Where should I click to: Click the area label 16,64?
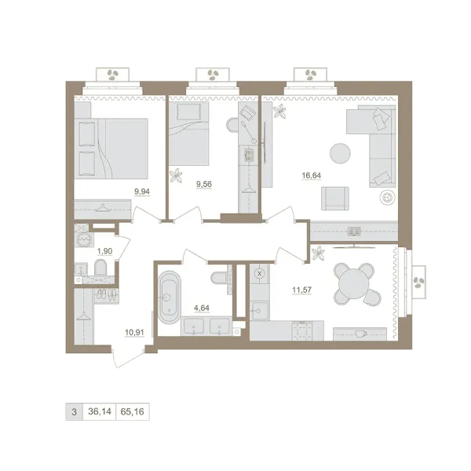pyautogui.click(x=311, y=175)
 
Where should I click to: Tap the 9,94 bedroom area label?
pyautogui.click(x=142, y=192)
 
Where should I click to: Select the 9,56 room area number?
pyautogui.click(x=204, y=184)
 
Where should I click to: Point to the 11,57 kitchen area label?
pyautogui.click(x=302, y=290)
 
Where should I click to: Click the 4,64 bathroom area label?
pyautogui.click(x=202, y=308)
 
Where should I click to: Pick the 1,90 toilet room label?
pyautogui.click(x=104, y=251)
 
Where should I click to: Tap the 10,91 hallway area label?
pyautogui.click(x=134, y=333)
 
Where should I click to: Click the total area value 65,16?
pyautogui.click(x=132, y=411)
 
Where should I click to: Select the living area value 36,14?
pyautogui.click(x=100, y=411)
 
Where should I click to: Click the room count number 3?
pyautogui.click(x=74, y=411)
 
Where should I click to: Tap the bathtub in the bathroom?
pyautogui.click(x=170, y=298)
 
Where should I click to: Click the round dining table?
pyautogui.click(x=354, y=284)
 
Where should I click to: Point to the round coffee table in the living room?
pyautogui.click(x=340, y=153)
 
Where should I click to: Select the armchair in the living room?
pyautogui.click(x=335, y=199)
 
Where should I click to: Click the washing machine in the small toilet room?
pyautogui.click(x=84, y=239)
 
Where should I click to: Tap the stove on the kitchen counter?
pyautogui.click(x=302, y=330)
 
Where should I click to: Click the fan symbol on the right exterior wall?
pyautogui.click(x=418, y=283)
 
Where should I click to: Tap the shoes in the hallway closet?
pyautogui.click(x=107, y=294)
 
